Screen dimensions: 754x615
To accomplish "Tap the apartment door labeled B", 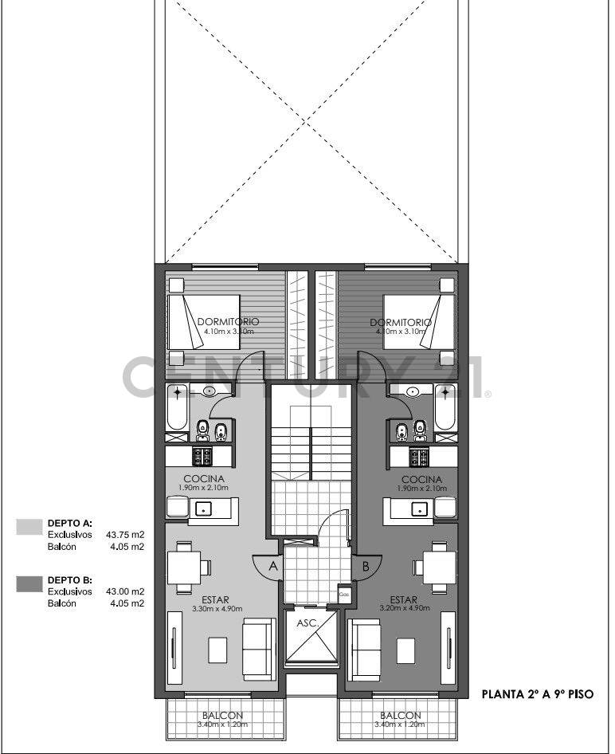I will pyautogui.click(x=366, y=567).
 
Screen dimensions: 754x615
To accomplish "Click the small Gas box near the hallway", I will pyautogui.click(x=344, y=594).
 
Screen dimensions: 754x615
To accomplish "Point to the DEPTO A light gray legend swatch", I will pyautogui.click(x=29, y=526).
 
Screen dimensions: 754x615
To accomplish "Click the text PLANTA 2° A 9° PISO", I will pyautogui.click(x=538, y=694).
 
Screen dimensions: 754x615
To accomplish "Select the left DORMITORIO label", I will pyautogui.click(x=228, y=322).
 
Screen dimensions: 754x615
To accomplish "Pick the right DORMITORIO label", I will pyautogui.click(x=401, y=322).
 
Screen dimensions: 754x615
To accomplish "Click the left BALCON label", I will pyautogui.click(x=222, y=715).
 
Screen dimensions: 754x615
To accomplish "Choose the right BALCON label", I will pyautogui.click(x=401, y=715).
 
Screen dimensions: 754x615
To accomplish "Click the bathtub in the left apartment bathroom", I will pyautogui.click(x=177, y=407).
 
